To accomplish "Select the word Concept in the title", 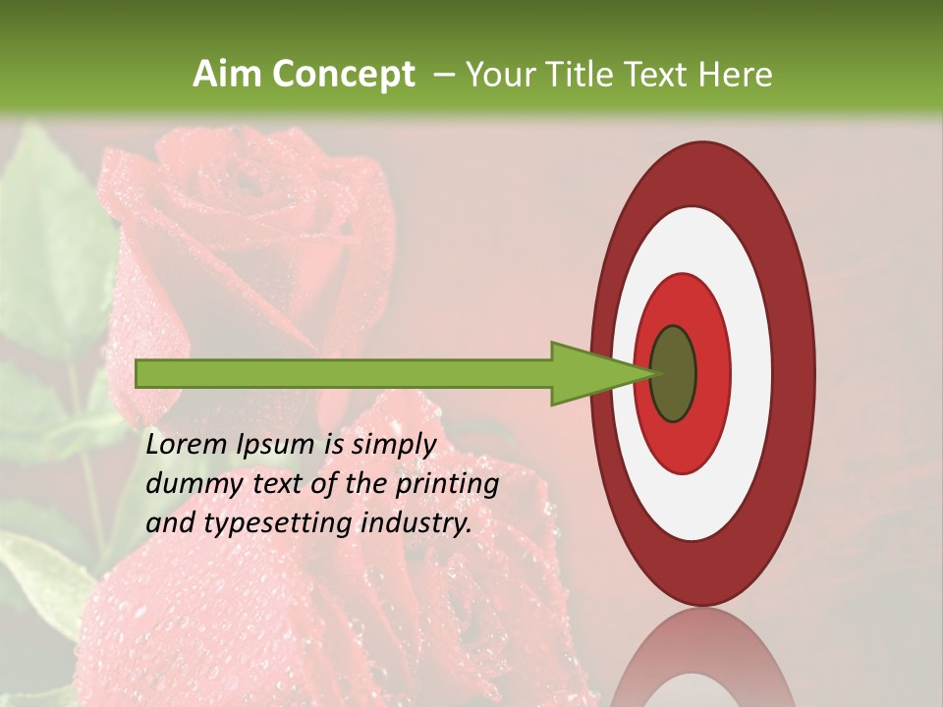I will click(343, 75).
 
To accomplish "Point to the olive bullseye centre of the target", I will click(674, 374).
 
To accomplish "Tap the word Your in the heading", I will click(499, 75).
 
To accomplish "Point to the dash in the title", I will click(443, 76).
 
